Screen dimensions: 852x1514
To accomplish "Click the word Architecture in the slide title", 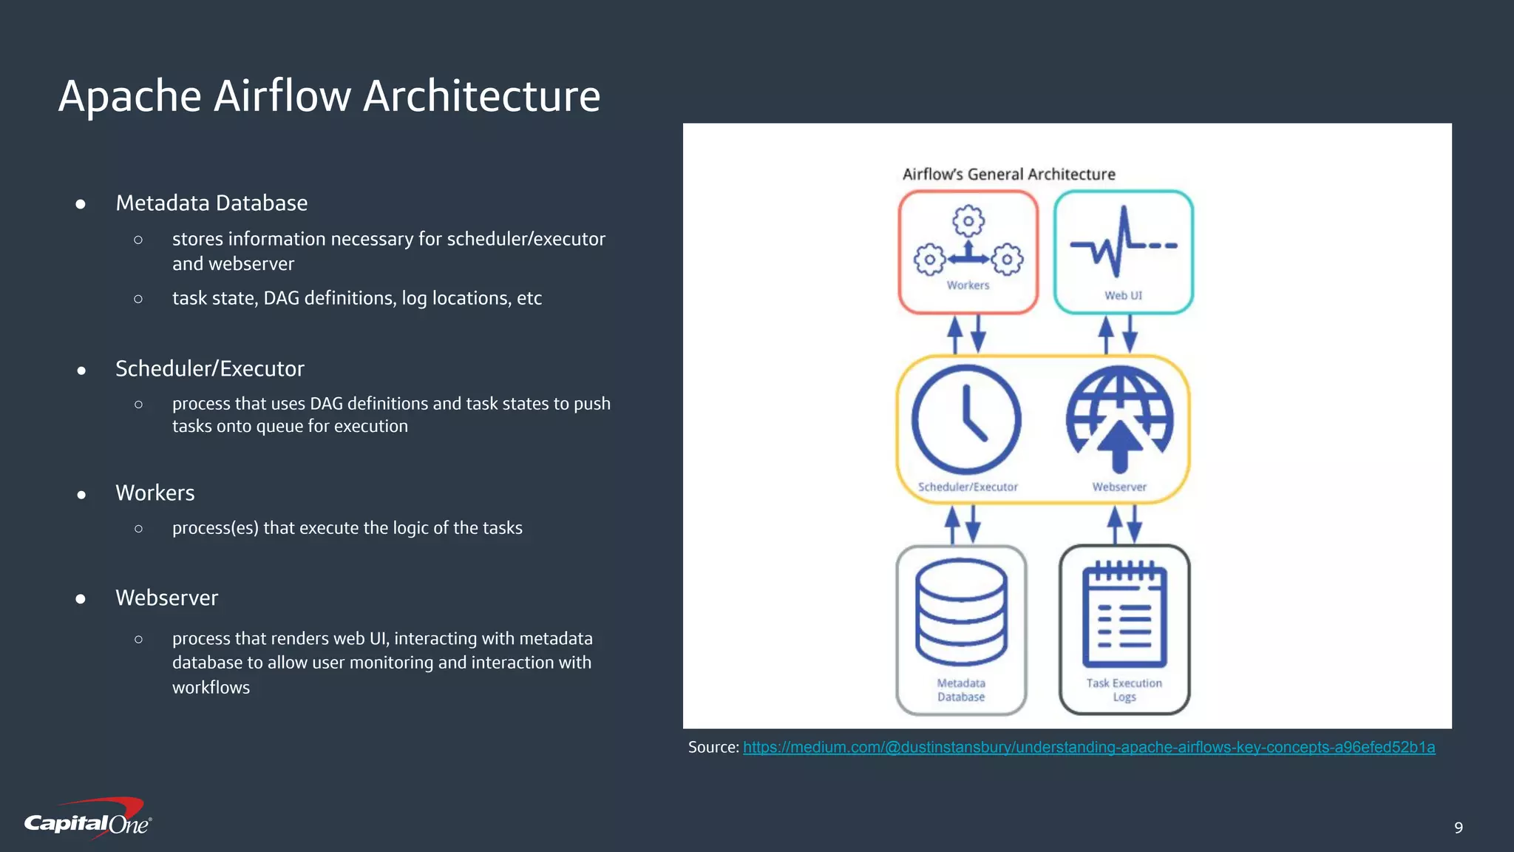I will pos(481,97).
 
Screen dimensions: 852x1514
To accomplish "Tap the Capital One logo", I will pos(88,819).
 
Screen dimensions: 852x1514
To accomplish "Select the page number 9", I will pos(1458,828).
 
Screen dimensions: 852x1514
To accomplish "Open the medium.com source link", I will pos(1088,748).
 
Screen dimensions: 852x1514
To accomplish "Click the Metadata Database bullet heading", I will pos(211,203).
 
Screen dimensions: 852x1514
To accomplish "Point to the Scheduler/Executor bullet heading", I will pos(210,369).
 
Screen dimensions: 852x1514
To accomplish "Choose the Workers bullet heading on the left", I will pos(155,493).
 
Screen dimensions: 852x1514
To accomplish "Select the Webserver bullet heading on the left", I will pos(167,598).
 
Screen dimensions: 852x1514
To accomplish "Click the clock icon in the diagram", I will pos(966,419).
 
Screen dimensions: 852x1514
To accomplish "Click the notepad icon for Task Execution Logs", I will pos(1124,615).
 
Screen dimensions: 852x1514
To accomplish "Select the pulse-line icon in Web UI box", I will pos(1123,243).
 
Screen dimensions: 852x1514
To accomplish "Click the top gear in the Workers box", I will pos(968,220).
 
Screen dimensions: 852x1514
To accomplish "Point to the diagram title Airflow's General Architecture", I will pos(1008,175).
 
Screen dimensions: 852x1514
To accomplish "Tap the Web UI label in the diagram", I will pos(1123,296).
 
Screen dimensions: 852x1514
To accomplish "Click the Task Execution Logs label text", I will pos(1124,689).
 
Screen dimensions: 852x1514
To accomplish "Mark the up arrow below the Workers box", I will pos(955,334).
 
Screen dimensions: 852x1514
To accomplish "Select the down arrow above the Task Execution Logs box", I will pos(1135,524).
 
